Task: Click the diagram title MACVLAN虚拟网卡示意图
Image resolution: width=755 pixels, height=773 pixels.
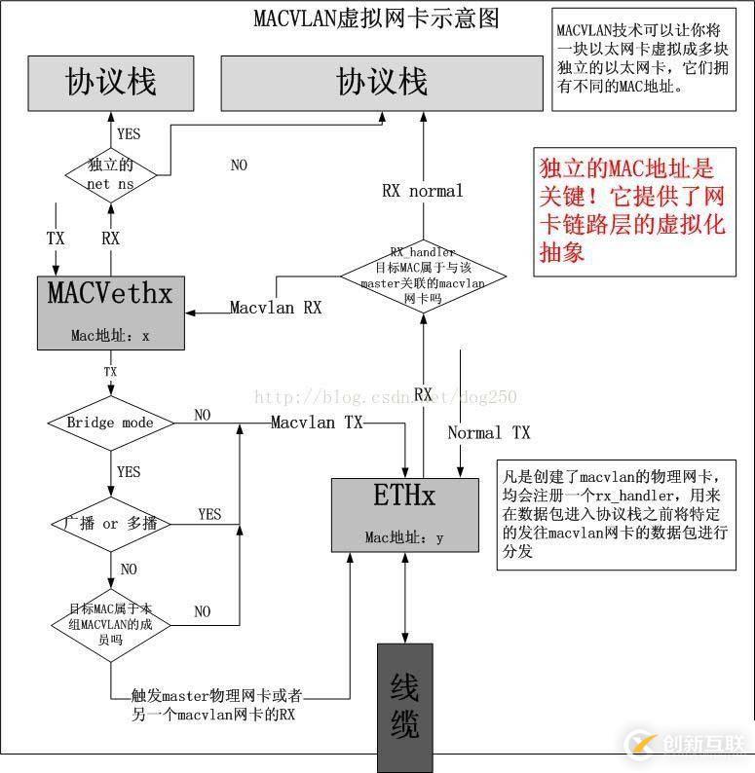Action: point(376,18)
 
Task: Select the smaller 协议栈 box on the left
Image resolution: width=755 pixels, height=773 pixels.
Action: point(111,82)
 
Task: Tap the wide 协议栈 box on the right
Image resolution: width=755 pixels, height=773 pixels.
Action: point(382,82)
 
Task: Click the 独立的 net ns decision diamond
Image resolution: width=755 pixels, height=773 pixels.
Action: point(111,174)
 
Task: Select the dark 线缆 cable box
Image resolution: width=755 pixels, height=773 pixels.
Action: point(404,706)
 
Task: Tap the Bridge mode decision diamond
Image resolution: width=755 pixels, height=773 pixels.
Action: point(110,423)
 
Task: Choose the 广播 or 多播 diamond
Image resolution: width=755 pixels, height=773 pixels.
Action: point(110,524)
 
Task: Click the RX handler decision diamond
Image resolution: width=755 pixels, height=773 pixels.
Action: point(422,276)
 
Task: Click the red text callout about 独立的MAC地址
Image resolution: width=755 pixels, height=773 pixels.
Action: point(632,209)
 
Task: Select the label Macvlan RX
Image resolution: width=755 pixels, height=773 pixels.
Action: point(276,308)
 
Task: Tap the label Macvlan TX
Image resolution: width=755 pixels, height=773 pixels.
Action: point(317,423)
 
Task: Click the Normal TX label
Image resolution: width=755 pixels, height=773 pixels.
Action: point(488,432)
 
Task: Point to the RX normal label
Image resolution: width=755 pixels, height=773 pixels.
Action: point(422,191)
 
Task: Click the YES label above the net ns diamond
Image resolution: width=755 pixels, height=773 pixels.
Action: point(128,133)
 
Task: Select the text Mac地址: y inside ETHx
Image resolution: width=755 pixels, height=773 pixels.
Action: point(404,537)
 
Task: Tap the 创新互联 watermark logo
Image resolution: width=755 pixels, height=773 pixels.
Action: point(686,745)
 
